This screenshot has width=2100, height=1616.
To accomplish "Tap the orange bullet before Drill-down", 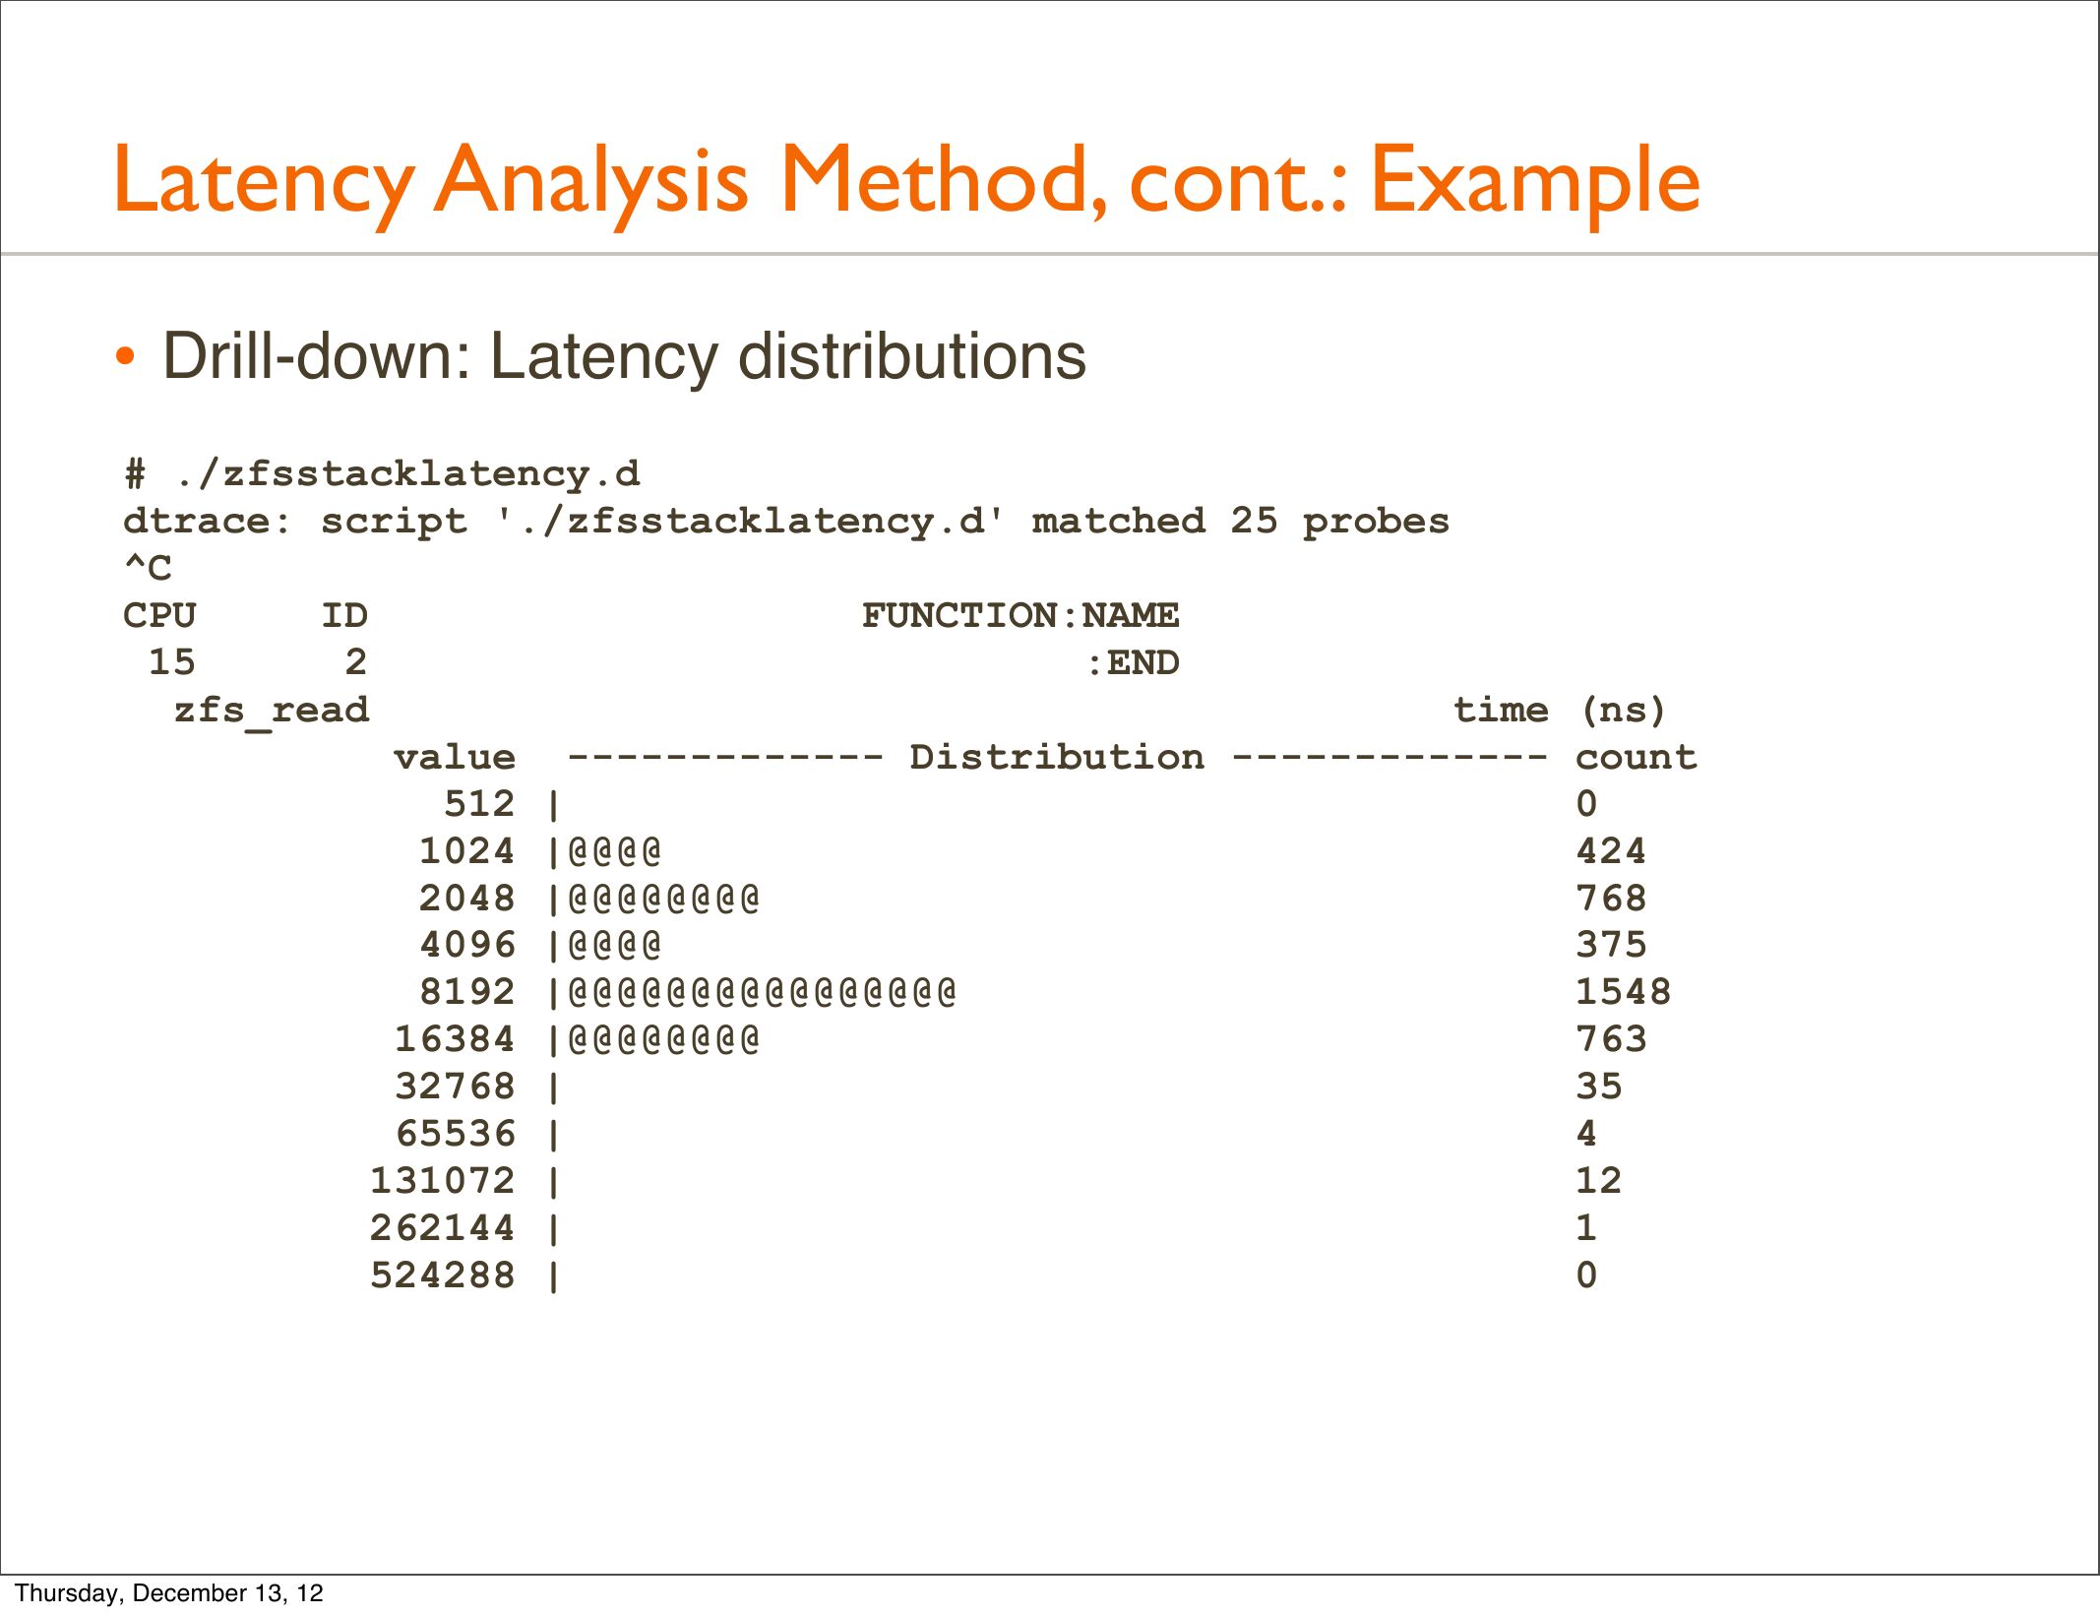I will (x=125, y=356).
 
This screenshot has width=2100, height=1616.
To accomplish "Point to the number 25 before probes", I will (x=1254, y=521).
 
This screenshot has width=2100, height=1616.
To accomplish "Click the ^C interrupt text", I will (x=148, y=568).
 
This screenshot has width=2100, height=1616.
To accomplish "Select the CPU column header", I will (x=159, y=615).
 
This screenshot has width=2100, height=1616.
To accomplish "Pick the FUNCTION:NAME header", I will (x=1019, y=615).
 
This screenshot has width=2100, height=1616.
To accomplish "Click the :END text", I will (x=1132, y=662).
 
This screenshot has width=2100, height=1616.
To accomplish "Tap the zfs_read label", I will (x=272, y=710).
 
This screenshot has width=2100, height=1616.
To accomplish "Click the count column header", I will (x=1636, y=757).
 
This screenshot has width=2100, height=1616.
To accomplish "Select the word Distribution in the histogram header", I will (x=1056, y=757).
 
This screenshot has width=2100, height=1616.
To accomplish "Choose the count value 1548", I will (x=1623, y=992).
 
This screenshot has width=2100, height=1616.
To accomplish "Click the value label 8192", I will (x=466, y=992).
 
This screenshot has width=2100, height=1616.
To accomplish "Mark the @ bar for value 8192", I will (x=762, y=992).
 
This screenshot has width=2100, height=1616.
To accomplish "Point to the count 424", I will (x=1610, y=851).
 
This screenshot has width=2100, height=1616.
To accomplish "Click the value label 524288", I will (x=442, y=1275).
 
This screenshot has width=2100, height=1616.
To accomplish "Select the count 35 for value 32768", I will (x=1598, y=1087).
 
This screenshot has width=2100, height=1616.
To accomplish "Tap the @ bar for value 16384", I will (x=663, y=1039).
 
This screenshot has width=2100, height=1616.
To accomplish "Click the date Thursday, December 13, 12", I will (x=169, y=1593).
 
